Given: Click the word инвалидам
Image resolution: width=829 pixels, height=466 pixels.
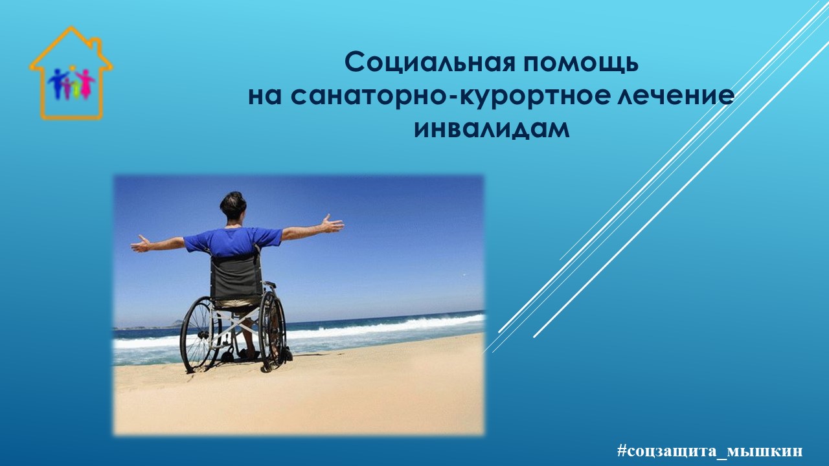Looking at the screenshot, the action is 492,129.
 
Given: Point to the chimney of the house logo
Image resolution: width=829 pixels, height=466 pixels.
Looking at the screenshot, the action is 97,45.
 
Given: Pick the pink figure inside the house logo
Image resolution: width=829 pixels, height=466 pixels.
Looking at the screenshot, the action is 85,83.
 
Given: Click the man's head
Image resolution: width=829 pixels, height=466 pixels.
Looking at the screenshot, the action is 233,206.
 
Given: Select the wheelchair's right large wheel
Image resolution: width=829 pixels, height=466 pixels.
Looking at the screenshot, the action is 273,331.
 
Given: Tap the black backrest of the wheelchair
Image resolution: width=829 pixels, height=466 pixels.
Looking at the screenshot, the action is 236,276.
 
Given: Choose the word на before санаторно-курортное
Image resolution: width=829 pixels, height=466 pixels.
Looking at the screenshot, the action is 264,98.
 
